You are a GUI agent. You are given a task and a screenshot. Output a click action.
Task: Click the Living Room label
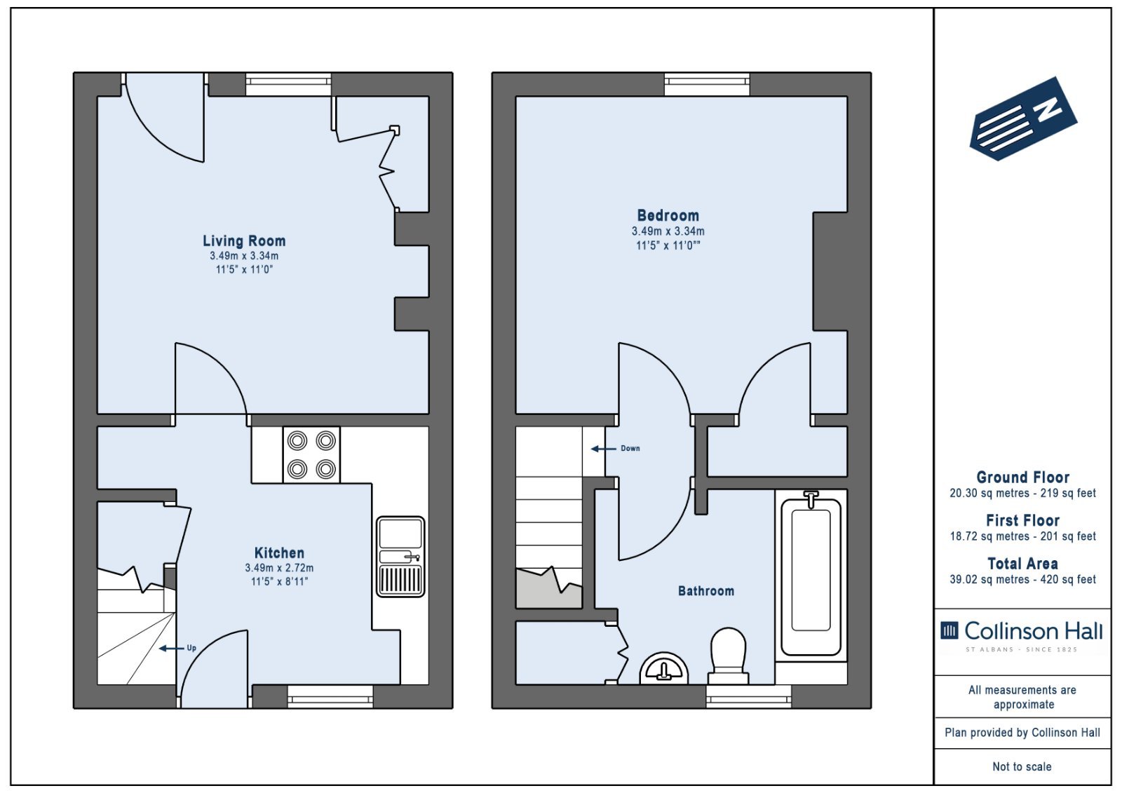pos(244,241)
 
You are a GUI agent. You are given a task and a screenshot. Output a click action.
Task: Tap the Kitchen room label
pos(279,553)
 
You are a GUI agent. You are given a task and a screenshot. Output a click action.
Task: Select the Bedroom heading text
pos(668,215)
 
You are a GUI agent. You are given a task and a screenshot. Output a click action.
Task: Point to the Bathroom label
pos(705,591)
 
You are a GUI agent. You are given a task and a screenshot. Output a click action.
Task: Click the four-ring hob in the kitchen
pos(311,455)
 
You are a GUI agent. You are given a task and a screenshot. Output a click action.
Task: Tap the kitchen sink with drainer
pos(400,557)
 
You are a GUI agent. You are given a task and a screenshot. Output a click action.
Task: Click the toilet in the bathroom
pos(729,656)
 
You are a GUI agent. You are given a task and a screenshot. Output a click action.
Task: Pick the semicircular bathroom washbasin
pos(663,669)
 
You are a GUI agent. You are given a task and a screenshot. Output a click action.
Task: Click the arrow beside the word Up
pos(171,649)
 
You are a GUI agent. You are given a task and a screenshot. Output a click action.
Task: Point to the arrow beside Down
pos(604,449)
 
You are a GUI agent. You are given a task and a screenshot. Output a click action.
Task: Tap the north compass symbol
pos(1024,118)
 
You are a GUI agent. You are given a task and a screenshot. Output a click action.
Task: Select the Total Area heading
pos(1022,564)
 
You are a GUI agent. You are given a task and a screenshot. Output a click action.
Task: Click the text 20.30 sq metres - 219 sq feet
pos(1022,494)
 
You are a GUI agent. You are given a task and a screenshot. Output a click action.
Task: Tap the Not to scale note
pos(1022,767)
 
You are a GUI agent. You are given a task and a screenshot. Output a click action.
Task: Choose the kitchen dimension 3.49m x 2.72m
pos(279,568)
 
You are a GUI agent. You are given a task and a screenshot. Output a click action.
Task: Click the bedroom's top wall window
pos(707,85)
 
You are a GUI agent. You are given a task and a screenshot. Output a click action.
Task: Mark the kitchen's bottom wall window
pos(330,696)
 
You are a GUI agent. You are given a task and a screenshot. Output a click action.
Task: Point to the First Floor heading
pos(1022,521)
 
